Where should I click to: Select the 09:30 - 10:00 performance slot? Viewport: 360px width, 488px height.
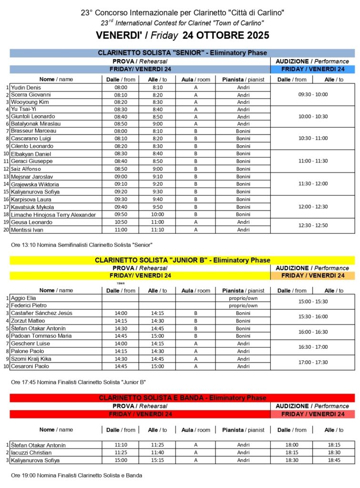click(312, 94)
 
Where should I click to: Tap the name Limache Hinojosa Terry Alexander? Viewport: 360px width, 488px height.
click(53, 215)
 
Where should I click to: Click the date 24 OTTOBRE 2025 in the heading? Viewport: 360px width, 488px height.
click(222, 35)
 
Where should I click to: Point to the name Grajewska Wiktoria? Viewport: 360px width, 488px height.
click(34, 184)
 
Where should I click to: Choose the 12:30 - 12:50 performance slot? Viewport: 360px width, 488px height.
click(312, 225)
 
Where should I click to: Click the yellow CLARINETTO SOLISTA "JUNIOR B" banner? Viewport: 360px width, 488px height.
click(182, 260)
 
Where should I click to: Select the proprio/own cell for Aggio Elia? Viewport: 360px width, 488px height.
click(243, 298)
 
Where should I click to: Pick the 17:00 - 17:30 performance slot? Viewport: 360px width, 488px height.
click(312, 362)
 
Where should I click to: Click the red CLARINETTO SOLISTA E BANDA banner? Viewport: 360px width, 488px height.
click(182, 398)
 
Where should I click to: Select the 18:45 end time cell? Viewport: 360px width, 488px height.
click(333, 460)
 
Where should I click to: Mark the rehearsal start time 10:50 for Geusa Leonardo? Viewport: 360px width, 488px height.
click(121, 223)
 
